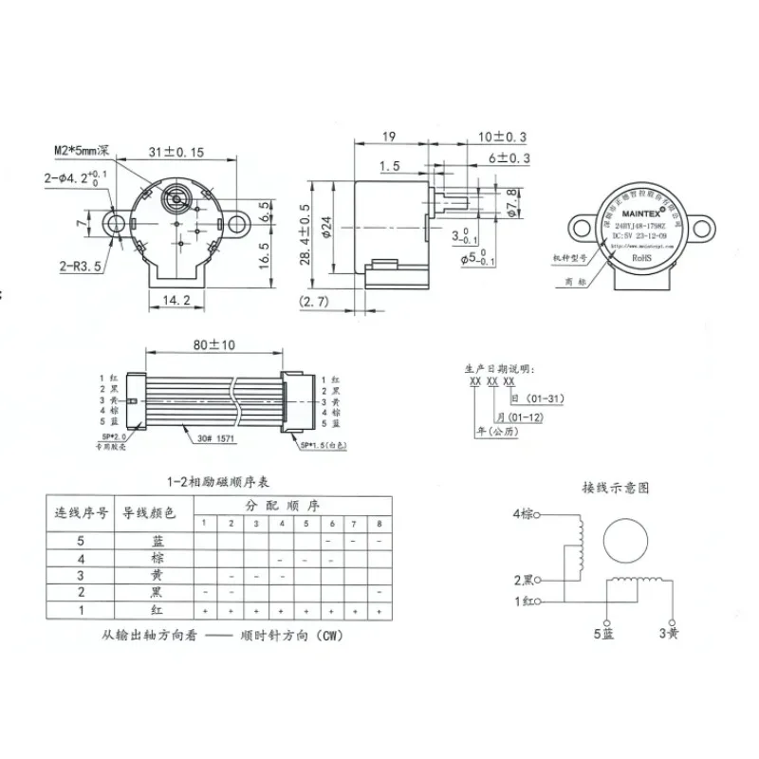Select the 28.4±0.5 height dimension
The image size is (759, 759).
(x=305, y=234)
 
